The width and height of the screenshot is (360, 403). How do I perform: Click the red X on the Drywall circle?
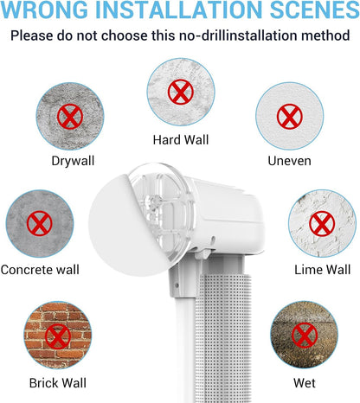70,117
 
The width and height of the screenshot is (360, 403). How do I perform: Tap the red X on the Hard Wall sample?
181,92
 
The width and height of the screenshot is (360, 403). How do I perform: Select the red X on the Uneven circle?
290,117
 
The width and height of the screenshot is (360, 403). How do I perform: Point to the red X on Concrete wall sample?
40,223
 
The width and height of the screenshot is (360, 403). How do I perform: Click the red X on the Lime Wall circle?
322,224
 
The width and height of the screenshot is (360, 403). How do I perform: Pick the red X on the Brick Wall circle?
58,336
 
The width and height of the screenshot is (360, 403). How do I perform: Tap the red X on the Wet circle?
305,336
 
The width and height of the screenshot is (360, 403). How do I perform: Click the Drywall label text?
73,161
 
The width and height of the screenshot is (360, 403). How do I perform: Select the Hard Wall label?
181,140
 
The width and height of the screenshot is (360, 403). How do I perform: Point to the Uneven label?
289,161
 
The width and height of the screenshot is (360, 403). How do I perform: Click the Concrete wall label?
40,270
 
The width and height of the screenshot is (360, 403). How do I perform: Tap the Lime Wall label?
322,270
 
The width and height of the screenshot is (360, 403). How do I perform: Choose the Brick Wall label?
58,383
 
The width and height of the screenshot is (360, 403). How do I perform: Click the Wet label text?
305,383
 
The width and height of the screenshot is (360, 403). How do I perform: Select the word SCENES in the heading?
314,10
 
